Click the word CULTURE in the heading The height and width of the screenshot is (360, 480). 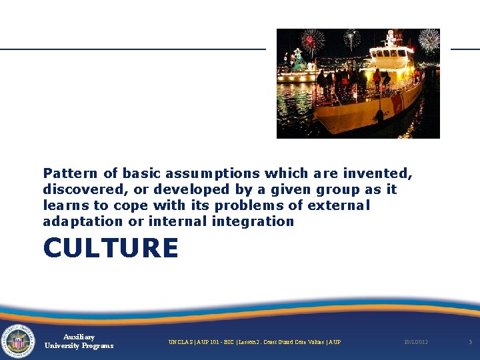click(x=111, y=249)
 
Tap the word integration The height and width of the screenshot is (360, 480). click(x=253, y=222)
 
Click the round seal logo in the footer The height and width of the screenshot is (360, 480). click(x=18, y=341)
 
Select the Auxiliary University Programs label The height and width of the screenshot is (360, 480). click(x=79, y=341)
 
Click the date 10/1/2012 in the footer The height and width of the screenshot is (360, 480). click(x=416, y=342)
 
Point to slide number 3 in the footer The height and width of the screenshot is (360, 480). click(x=470, y=342)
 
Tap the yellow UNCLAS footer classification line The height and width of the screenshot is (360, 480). click(x=254, y=342)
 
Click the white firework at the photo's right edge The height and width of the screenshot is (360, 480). click(x=429, y=40)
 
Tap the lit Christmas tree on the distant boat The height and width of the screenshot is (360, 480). click(x=299, y=62)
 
